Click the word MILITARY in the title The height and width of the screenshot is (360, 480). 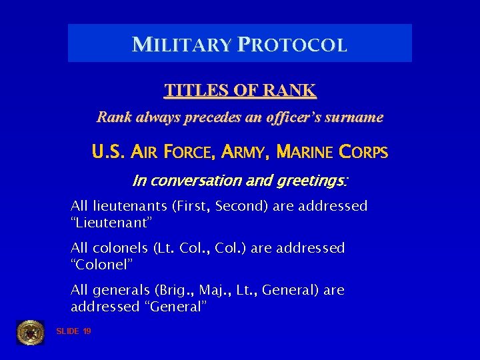tap(182, 45)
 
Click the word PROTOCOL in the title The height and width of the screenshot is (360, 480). tap(291, 45)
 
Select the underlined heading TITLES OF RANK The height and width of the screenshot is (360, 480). tap(240, 90)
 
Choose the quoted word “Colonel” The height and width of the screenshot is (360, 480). tap(102, 265)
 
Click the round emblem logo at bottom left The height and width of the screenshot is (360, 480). tap(30, 332)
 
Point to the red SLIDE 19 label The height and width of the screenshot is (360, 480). tap(73, 331)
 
